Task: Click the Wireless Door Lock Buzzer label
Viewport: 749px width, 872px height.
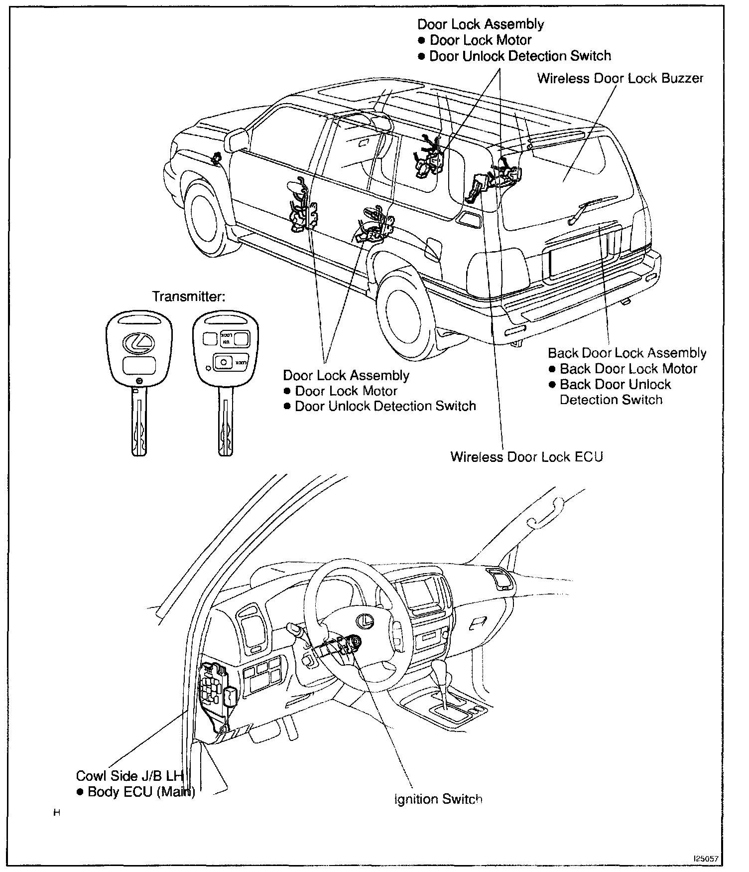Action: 620,78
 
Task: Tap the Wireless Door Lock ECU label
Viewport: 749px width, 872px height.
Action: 526,456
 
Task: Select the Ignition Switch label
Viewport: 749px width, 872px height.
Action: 438,799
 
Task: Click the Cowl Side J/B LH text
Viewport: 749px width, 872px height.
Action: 130,776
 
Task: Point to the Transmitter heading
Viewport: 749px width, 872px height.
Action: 189,296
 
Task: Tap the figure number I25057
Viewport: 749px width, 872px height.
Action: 706,859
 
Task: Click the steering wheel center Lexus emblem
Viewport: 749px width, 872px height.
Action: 366,620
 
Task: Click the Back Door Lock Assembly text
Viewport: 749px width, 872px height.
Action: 627,353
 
